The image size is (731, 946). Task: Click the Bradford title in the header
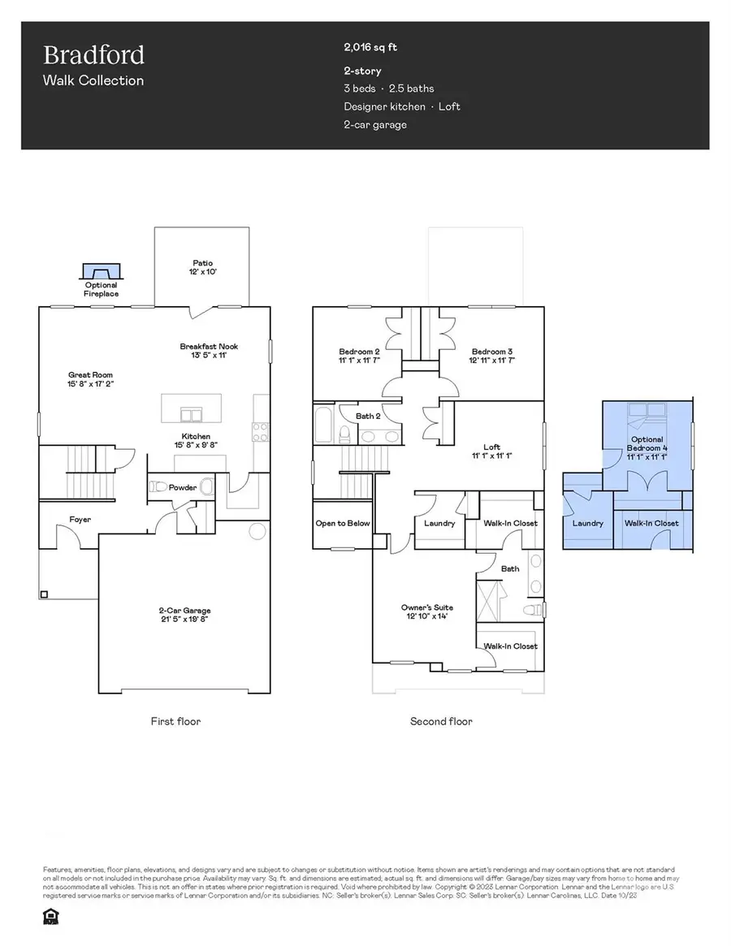coord(93,55)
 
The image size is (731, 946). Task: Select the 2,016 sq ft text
coord(371,48)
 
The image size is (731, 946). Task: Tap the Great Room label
coord(91,379)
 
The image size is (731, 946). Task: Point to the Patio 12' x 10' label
coord(202,268)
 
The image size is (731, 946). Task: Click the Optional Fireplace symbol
coord(102,272)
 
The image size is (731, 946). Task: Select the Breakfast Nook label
coord(209,351)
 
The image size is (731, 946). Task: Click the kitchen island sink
coord(192,415)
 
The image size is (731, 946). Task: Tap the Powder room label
coord(183,487)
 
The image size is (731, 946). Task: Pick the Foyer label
coord(80,519)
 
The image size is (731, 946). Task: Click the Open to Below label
coord(342,523)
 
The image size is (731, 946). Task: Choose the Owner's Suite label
coord(426,611)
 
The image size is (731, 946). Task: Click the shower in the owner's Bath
coord(490,602)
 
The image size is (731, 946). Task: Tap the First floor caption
coord(175,721)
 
